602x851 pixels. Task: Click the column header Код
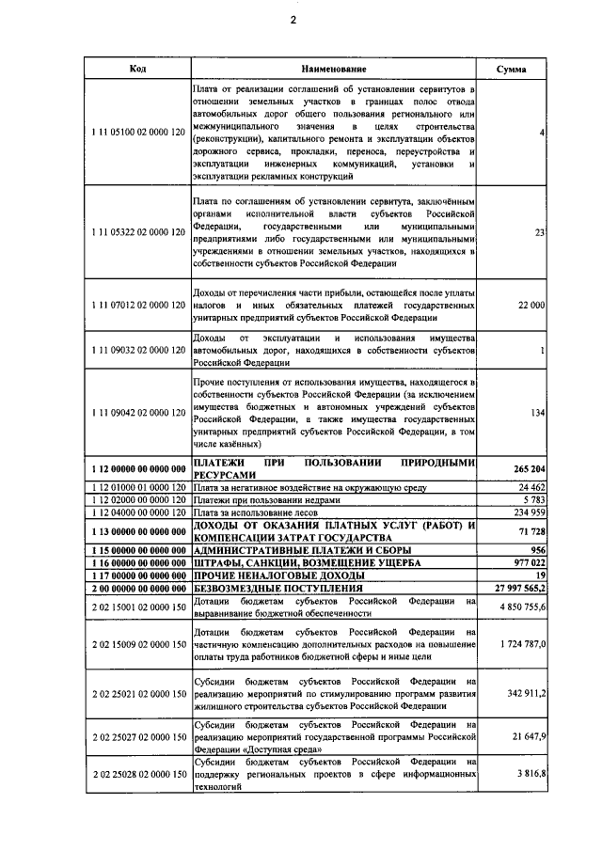136,70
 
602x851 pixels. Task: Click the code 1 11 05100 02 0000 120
137,133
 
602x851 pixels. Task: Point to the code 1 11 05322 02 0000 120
137,232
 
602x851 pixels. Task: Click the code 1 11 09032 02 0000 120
137,350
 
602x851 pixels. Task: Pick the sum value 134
537,412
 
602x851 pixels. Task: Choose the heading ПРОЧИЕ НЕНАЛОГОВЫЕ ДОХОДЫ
278,575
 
